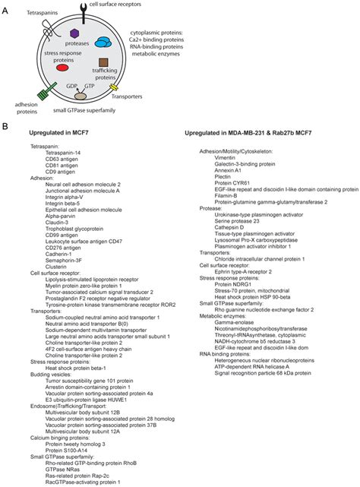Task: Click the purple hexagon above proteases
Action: (x=74, y=33)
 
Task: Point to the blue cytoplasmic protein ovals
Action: (x=101, y=40)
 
